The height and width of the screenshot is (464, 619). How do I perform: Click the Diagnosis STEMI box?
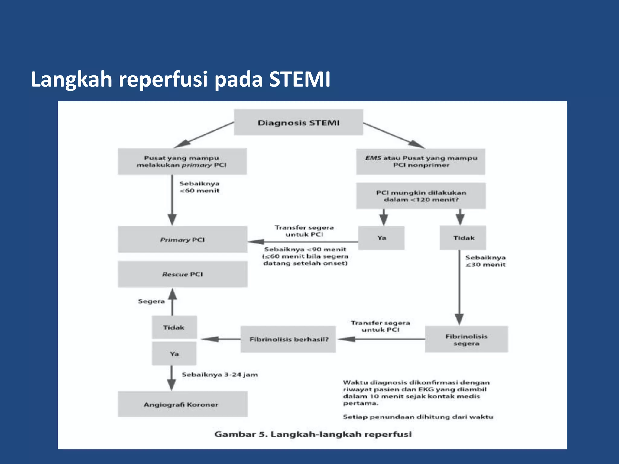click(x=298, y=122)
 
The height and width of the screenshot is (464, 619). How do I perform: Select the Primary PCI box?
click(x=182, y=239)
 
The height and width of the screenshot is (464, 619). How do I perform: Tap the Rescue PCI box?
click(x=182, y=274)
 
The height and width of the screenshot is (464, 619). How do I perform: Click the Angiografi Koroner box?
click(x=182, y=404)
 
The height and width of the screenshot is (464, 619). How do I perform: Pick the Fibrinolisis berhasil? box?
click(x=288, y=339)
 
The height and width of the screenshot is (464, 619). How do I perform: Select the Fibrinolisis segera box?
click(x=466, y=339)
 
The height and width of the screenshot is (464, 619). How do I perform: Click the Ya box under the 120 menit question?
click(x=381, y=238)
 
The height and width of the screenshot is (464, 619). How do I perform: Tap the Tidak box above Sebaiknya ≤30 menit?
click(x=463, y=238)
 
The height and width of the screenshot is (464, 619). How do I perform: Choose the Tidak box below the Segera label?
click(x=174, y=327)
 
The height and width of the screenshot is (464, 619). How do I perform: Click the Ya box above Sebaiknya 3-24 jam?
click(x=174, y=353)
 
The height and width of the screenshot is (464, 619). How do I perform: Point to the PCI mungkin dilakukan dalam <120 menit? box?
click(x=421, y=196)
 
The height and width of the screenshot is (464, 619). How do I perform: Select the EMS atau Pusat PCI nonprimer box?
click(x=420, y=161)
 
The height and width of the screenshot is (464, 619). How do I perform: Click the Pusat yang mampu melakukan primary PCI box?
click(x=182, y=161)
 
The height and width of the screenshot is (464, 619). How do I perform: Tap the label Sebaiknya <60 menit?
click(x=199, y=187)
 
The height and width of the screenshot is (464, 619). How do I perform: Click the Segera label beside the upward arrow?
click(x=151, y=301)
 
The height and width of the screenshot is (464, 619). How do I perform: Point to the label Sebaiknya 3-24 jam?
click(x=220, y=375)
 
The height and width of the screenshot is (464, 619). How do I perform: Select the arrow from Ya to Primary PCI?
click(x=302, y=242)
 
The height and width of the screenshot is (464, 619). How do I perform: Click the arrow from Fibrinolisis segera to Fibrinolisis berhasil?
click(x=381, y=339)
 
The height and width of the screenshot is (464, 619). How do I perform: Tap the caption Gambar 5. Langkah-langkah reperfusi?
click(x=313, y=434)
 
